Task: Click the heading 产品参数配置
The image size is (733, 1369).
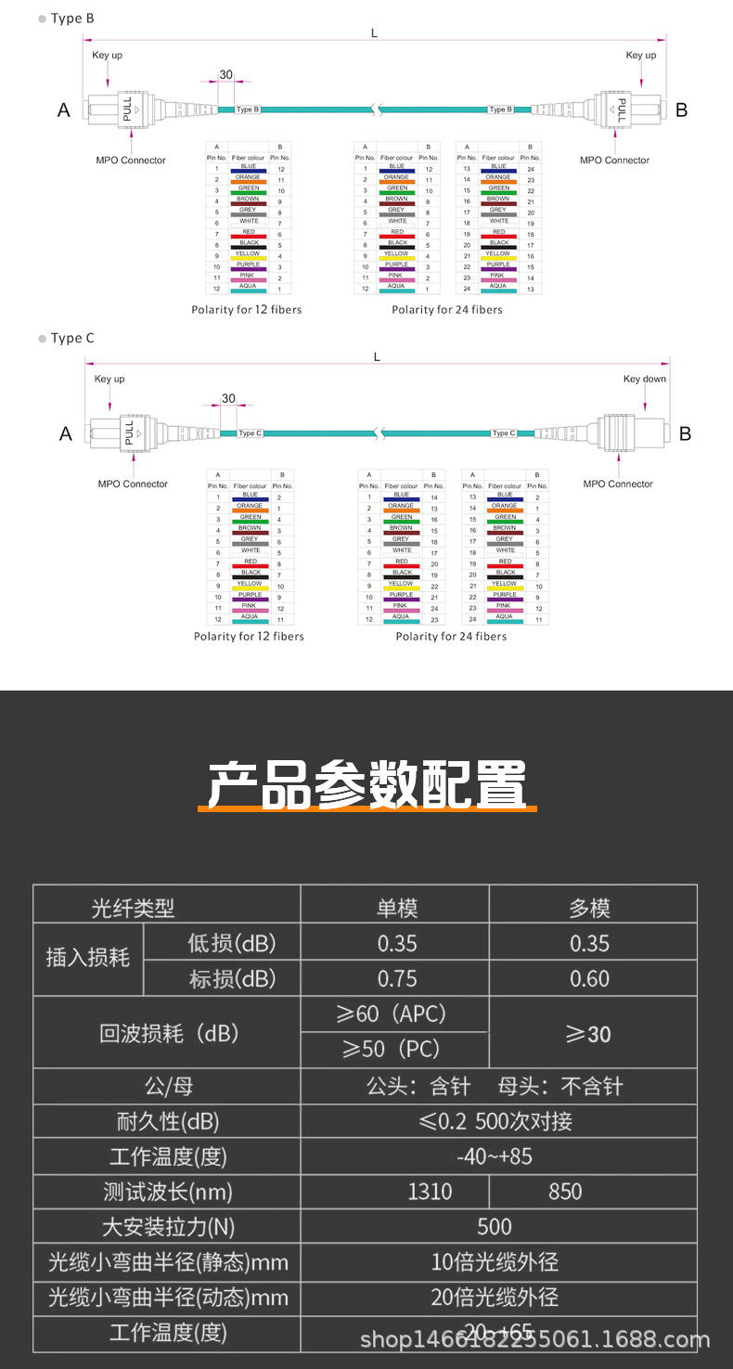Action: tap(366, 786)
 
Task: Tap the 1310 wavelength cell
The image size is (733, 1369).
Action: tap(430, 1192)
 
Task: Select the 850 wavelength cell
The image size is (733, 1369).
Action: tap(565, 1192)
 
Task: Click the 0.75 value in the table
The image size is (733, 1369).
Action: tap(397, 979)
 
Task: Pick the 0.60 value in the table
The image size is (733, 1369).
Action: tap(590, 979)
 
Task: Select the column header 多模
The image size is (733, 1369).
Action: tap(590, 908)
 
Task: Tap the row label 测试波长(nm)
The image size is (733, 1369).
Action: tap(168, 1192)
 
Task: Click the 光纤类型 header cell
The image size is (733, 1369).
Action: tap(133, 908)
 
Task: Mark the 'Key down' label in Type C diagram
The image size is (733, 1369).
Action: tap(644, 379)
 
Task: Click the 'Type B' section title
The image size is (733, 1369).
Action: tap(72, 19)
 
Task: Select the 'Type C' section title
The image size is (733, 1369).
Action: tap(72, 339)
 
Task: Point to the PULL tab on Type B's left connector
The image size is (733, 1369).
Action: tap(127, 109)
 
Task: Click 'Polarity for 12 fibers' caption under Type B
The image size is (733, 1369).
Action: tap(246, 309)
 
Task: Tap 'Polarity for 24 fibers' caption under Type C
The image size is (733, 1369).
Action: tap(451, 636)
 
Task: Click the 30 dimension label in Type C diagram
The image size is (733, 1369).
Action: tap(228, 398)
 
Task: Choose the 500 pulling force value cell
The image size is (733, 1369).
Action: tap(494, 1227)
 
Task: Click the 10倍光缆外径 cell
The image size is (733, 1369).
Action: tap(495, 1262)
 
